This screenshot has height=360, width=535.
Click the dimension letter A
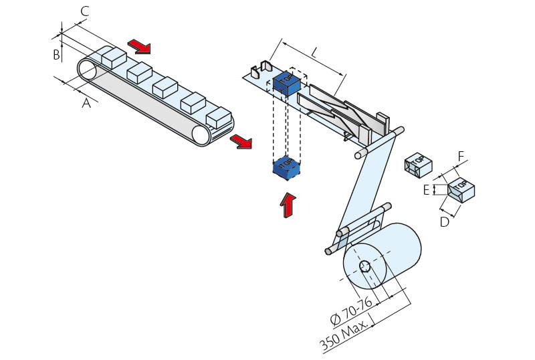pos(86,103)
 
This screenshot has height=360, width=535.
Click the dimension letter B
pos(57,54)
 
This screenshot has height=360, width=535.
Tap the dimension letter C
pos(85,11)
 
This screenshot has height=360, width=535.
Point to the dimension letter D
pos(445,221)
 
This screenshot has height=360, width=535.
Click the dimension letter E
pos(426,190)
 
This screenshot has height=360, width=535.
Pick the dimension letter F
pos(461,157)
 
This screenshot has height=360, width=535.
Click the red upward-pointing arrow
pos(288,204)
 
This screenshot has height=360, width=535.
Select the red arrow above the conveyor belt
pos(140,46)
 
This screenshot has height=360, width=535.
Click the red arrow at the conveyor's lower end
pos(241,141)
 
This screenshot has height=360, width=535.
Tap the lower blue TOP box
pos(286,167)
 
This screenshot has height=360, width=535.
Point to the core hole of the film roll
pos(365,266)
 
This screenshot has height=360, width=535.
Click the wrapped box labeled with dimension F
pos(461,190)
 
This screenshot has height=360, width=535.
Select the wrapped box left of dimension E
pos(418,164)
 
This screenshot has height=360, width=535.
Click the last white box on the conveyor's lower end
pos(219,118)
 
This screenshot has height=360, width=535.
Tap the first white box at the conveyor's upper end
pos(114,56)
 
